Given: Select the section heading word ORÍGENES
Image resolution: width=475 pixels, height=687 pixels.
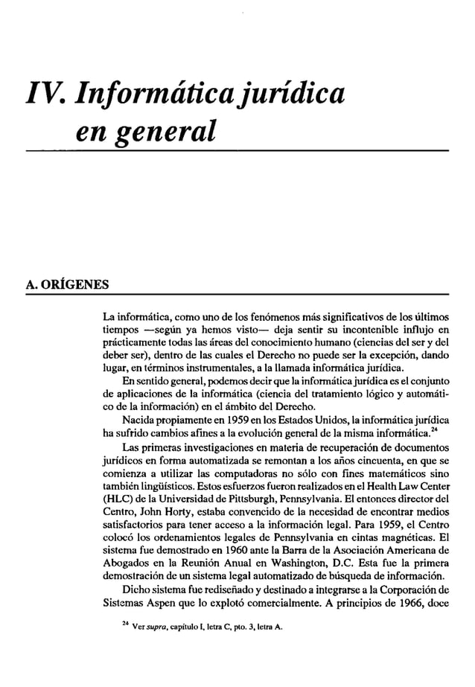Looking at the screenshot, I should (73, 285).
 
